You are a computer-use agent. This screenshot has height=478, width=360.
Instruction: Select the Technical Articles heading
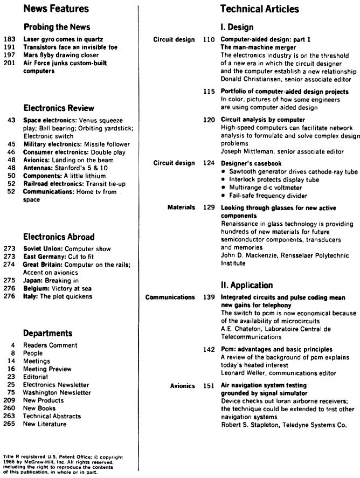tap(259, 9)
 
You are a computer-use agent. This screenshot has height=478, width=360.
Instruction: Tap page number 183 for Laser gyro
tap(10, 39)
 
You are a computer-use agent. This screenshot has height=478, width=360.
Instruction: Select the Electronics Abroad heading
tap(59, 237)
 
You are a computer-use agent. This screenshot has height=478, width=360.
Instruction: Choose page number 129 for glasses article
tap(209, 207)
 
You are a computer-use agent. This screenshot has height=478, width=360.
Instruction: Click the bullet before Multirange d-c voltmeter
tap(224, 187)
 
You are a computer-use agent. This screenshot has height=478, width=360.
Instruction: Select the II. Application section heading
tap(247, 285)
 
